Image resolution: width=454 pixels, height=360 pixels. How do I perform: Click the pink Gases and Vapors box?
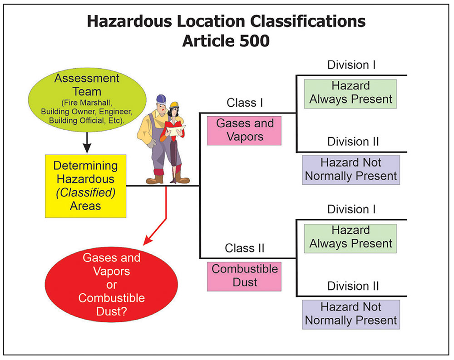(x=245, y=130)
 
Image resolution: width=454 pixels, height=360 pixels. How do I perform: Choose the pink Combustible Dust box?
(x=245, y=276)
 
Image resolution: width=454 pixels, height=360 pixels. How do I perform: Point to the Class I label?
(x=245, y=103)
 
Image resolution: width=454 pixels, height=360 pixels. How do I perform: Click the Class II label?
(x=245, y=249)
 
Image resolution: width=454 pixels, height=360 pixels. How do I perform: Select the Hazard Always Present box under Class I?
(x=350, y=93)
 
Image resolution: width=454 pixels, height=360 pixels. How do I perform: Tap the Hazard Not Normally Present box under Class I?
(x=351, y=169)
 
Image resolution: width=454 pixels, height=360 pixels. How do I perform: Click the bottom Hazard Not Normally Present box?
(x=351, y=314)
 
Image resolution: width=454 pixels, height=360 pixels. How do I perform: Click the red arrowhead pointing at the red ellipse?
(x=148, y=241)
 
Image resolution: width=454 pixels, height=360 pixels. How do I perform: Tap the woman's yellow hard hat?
(x=175, y=105)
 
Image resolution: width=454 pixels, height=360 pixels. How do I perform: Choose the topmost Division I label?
(x=351, y=65)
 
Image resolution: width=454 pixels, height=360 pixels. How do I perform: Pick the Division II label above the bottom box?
(x=351, y=286)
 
